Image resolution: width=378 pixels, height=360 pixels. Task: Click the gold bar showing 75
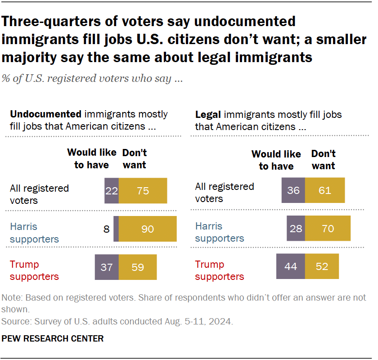click(x=143, y=191)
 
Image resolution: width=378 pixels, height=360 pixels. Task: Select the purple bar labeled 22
click(x=112, y=191)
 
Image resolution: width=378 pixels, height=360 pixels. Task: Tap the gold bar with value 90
click(x=148, y=229)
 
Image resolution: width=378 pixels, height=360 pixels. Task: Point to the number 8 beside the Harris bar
click(x=106, y=229)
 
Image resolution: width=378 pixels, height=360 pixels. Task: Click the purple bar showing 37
click(x=107, y=267)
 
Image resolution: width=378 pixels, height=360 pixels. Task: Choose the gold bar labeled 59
click(x=138, y=267)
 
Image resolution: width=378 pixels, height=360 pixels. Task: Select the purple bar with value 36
click(x=293, y=190)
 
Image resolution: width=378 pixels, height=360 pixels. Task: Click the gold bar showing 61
click(x=325, y=190)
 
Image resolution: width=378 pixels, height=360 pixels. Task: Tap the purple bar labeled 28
click(x=296, y=229)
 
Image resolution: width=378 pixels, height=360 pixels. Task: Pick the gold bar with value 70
click(x=328, y=229)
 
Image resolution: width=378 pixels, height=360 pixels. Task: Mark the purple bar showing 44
click(x=291, y=267)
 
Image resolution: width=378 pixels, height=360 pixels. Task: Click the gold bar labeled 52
click(x=322, y=267)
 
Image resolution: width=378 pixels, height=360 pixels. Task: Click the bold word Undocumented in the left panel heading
click(x=45, y=114)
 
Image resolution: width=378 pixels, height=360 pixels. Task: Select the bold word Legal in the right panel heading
click(x=208, y=114)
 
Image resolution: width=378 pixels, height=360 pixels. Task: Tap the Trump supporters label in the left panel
click(x=34, y=270)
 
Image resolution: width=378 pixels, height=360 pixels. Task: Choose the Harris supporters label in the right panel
click(x=220, y=232)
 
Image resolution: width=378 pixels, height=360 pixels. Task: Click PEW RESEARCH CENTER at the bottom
click(x=53, y=338)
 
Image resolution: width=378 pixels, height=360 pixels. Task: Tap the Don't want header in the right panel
click(x=323, y=160)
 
